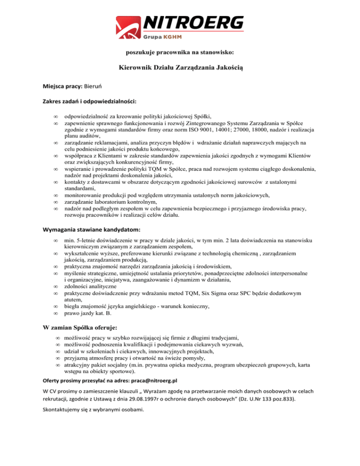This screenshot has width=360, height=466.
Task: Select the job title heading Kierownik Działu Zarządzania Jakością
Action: [x=180, y=67]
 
